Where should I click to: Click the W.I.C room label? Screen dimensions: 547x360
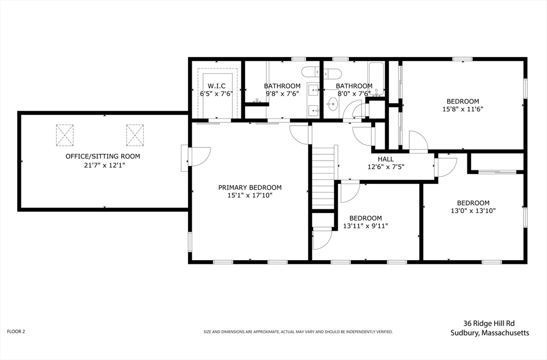point(216,86)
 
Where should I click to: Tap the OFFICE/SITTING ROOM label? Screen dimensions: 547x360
point(103,156)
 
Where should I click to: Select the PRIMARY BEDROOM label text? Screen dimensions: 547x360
point(250,187)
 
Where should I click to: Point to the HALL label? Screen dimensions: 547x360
point(386,159)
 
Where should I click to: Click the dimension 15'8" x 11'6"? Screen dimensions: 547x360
point(463,109)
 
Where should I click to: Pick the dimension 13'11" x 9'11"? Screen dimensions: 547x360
point(365,226)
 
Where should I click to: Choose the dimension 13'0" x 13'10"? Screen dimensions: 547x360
point(473,210)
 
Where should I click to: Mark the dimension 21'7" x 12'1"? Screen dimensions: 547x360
point(103,165)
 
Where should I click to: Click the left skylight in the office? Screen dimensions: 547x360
point(65,135)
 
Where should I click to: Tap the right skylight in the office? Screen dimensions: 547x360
point(135,135)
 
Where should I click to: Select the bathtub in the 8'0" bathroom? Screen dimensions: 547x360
point(377,79)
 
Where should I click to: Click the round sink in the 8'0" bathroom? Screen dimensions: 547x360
point(333,104)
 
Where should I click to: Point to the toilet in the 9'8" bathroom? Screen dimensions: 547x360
point(310,72)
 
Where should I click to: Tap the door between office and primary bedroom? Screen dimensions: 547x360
point(196,159)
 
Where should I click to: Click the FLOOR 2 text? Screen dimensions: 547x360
point(16,331)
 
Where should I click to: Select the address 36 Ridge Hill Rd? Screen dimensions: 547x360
point(489,323)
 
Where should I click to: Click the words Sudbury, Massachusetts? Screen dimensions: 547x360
point(489,333)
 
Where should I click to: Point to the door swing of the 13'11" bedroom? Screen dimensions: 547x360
point(350,191)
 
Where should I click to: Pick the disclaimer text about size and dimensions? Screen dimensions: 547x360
point(298,332)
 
